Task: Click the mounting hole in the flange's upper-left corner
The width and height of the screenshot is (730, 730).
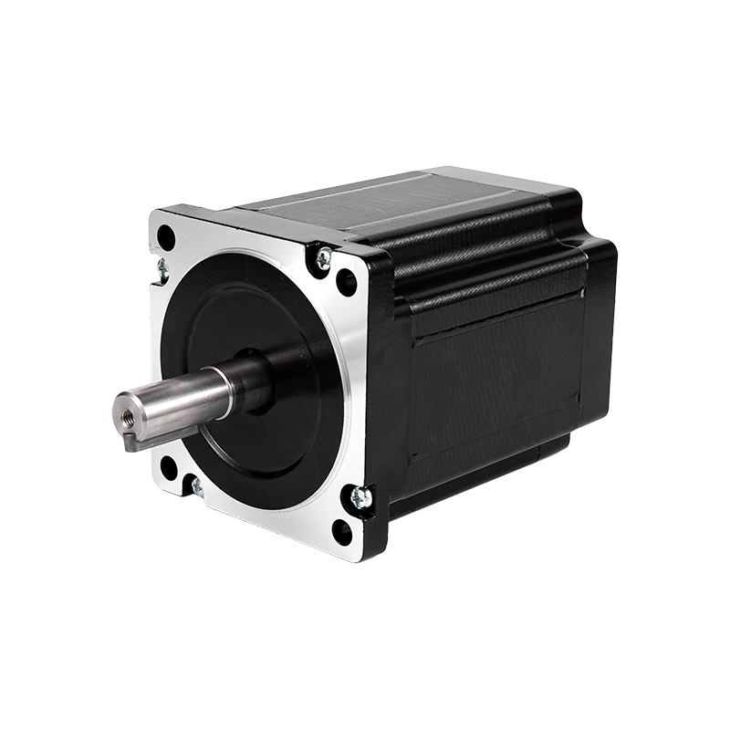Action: (x=166, y=236)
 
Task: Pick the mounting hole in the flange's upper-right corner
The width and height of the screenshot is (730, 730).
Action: (x=347, y=281)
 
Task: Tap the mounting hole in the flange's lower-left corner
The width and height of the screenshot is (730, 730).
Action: (x=168, y=467)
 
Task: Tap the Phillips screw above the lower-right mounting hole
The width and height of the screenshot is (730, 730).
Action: (x=360, y=497)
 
